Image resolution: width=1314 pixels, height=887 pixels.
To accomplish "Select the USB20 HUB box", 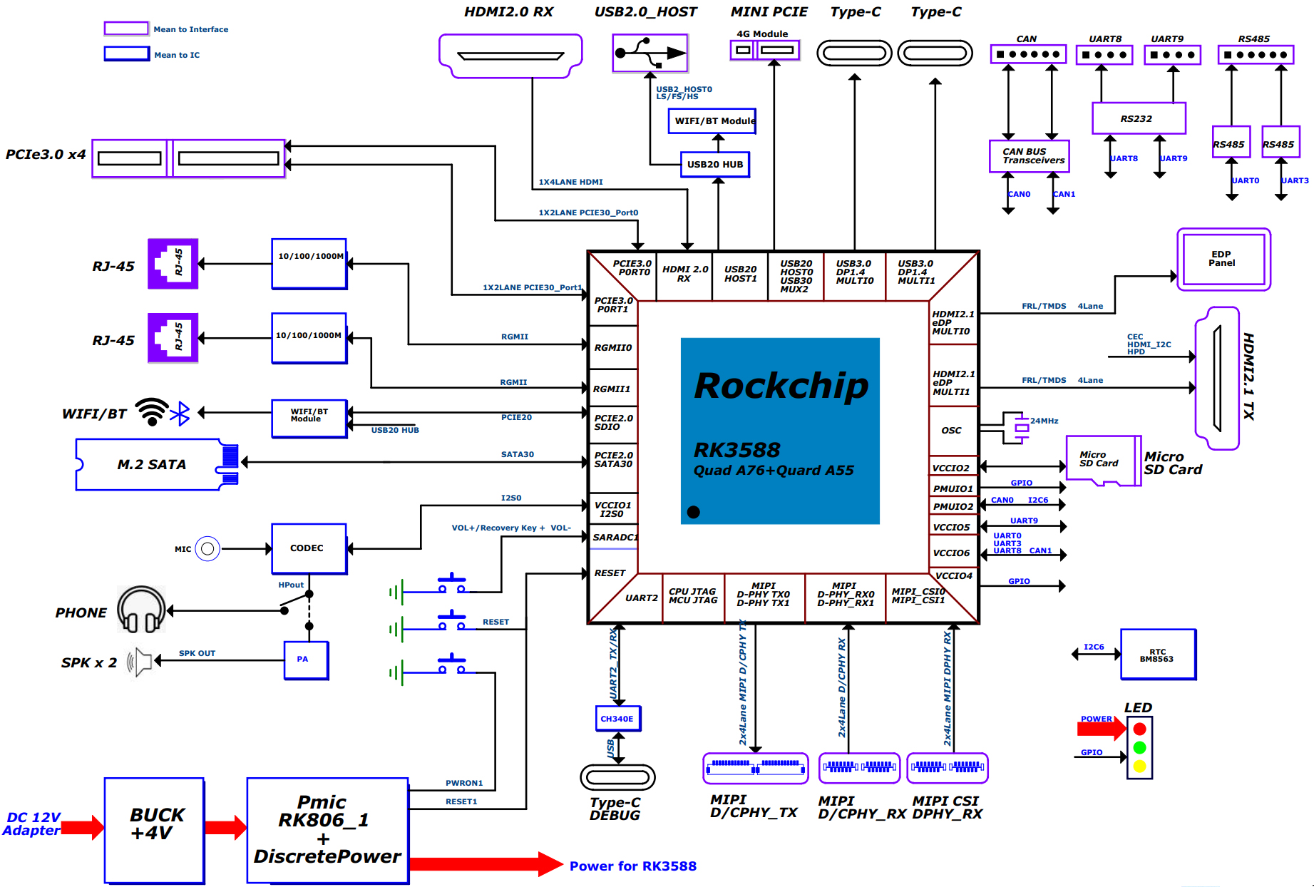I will tap(714, 165).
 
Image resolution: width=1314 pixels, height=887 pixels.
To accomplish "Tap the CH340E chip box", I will tap(617, 719).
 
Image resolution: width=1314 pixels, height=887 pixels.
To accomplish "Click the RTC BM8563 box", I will tap(1158, 655).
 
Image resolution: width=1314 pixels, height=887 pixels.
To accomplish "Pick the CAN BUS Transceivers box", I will tap(1029, 156).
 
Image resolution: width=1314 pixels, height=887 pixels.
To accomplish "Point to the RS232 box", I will tap(1139, 118).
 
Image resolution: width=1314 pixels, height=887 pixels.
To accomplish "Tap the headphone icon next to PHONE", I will tap(141, 610).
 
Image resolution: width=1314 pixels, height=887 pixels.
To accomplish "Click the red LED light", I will tap(1139, 729).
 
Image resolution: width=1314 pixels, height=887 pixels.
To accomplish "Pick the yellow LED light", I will tap(1139, 766).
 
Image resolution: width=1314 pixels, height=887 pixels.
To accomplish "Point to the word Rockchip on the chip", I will tap(781, 386).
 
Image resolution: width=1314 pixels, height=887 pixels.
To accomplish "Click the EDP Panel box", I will tap(1223, 259).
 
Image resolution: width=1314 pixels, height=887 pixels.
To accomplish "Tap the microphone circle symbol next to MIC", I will tap(207, 549).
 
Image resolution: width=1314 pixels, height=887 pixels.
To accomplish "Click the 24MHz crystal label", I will tap(1044, 421).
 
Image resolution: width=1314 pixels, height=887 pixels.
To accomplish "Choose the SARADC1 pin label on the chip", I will tap(615, 538).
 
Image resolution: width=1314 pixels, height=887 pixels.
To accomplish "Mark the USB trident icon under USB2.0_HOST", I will tap(650, 53).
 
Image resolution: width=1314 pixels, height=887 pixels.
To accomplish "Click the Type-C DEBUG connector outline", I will tap(617, 777).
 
